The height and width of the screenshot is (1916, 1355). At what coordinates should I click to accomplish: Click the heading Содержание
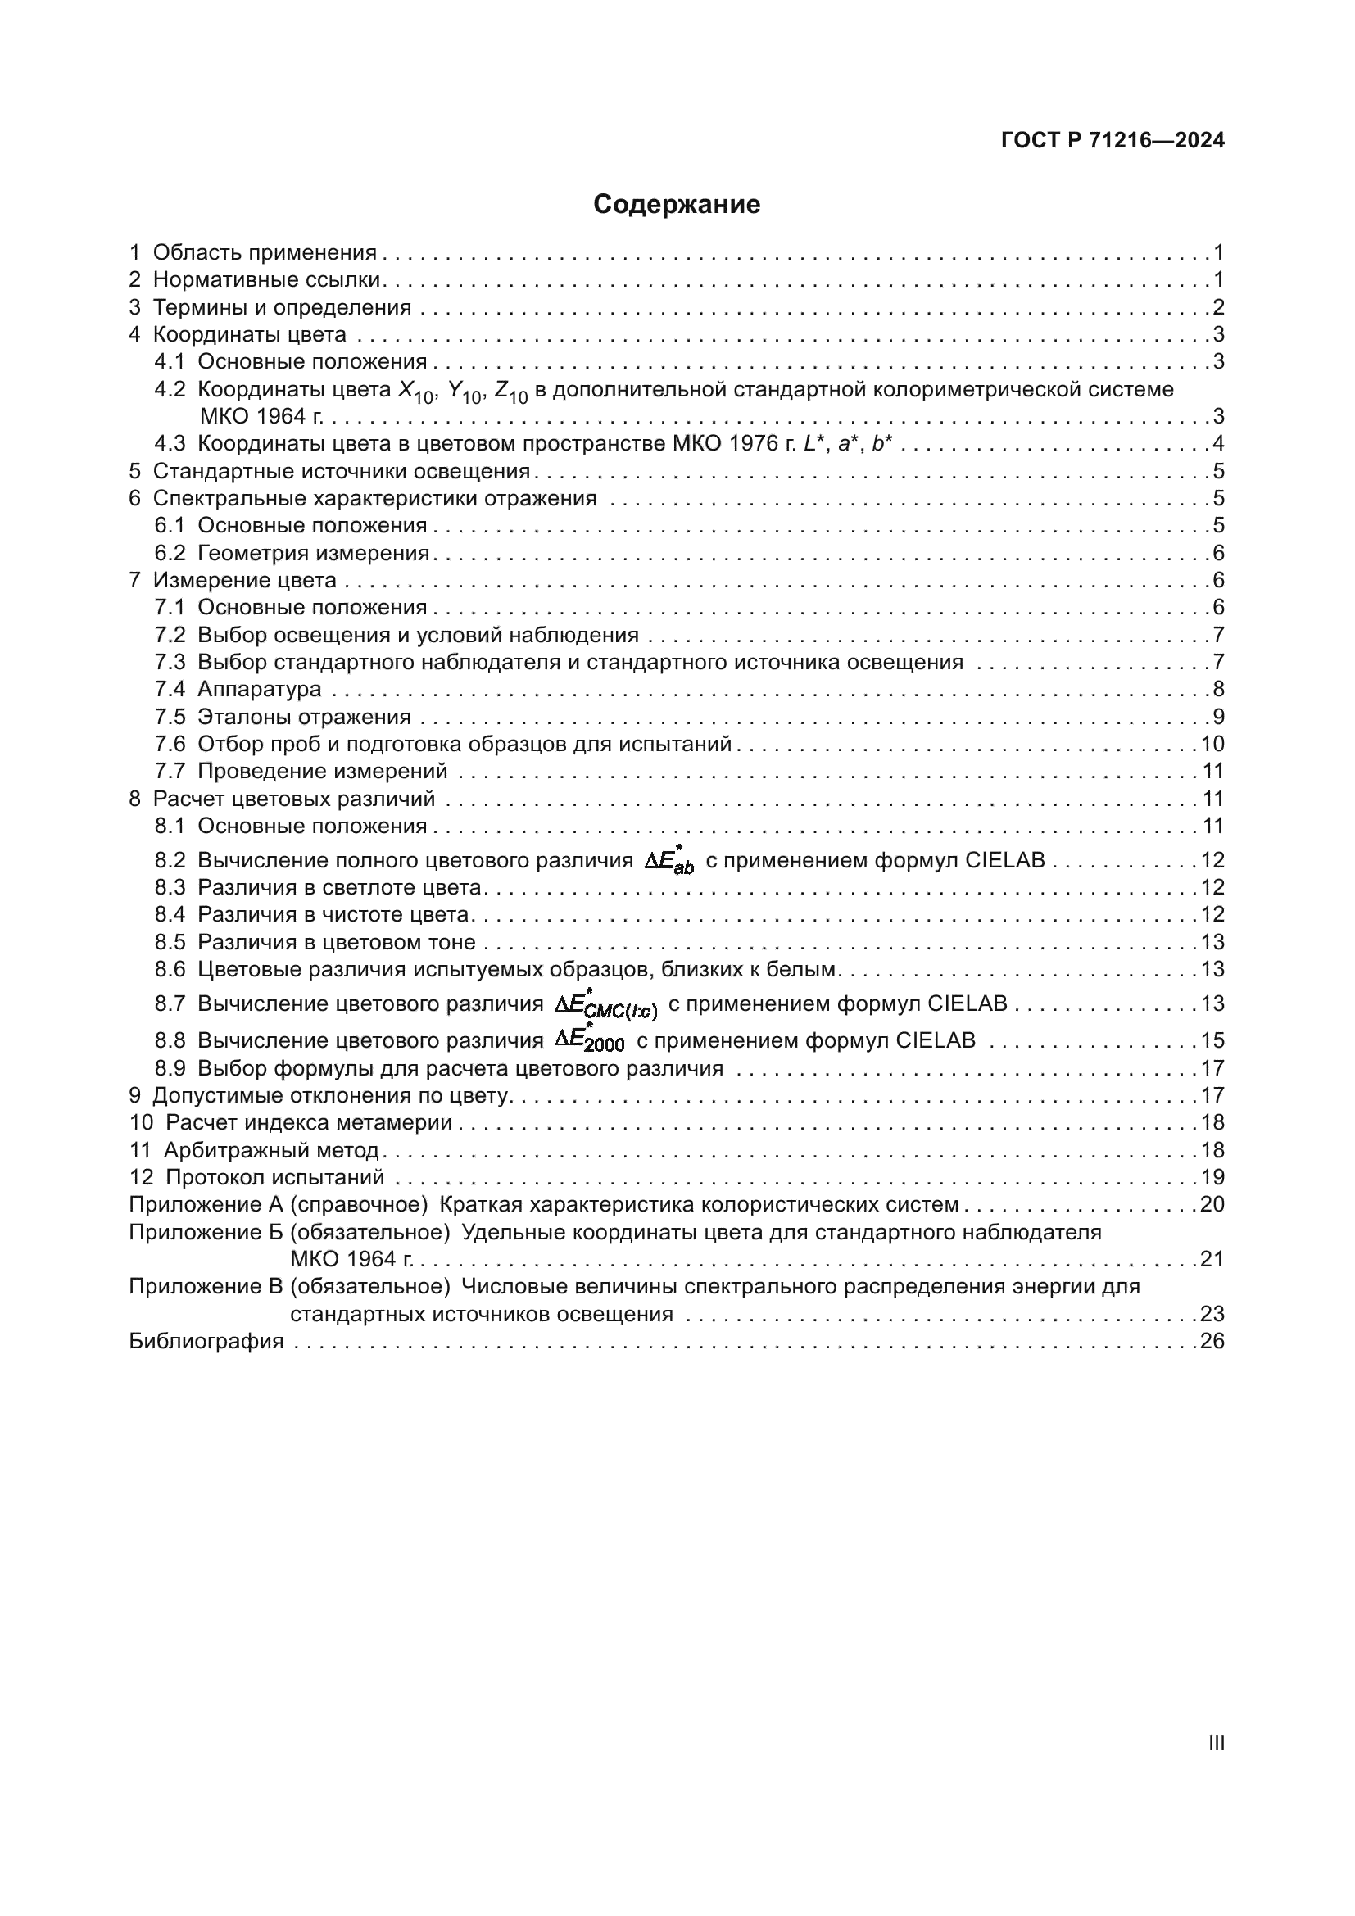click(677, 205)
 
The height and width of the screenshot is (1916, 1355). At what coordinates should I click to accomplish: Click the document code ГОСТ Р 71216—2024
click(1113, 140)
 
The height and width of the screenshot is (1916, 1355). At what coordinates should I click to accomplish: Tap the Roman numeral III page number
click(1216, 1742)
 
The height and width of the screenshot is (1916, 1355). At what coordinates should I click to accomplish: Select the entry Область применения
click(265, 252)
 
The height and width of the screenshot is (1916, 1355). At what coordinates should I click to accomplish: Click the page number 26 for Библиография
click(1212, 1341)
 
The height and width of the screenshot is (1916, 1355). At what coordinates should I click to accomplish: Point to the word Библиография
click(206, 1341)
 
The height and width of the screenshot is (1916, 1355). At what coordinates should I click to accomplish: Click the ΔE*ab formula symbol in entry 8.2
click(669, 860)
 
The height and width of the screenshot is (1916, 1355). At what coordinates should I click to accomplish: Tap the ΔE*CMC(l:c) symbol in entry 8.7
click(606, 1005)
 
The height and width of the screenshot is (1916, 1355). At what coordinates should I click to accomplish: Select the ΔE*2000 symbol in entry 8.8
click(591, 1040)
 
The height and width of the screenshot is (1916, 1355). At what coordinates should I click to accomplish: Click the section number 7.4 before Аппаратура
click(170, 689)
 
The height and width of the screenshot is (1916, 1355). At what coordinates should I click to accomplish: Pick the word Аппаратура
click(260, 689)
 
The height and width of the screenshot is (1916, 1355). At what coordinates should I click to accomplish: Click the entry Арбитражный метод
click(271, 1150)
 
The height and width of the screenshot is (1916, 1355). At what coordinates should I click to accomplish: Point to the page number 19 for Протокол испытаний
click(1212, 1177)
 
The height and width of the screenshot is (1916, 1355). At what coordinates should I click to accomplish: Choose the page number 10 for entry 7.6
click(1212, 744)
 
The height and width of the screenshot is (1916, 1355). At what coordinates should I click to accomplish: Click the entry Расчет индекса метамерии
click(309, 1122)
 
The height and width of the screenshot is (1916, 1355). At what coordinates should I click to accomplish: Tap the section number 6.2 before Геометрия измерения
click(170, 552)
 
